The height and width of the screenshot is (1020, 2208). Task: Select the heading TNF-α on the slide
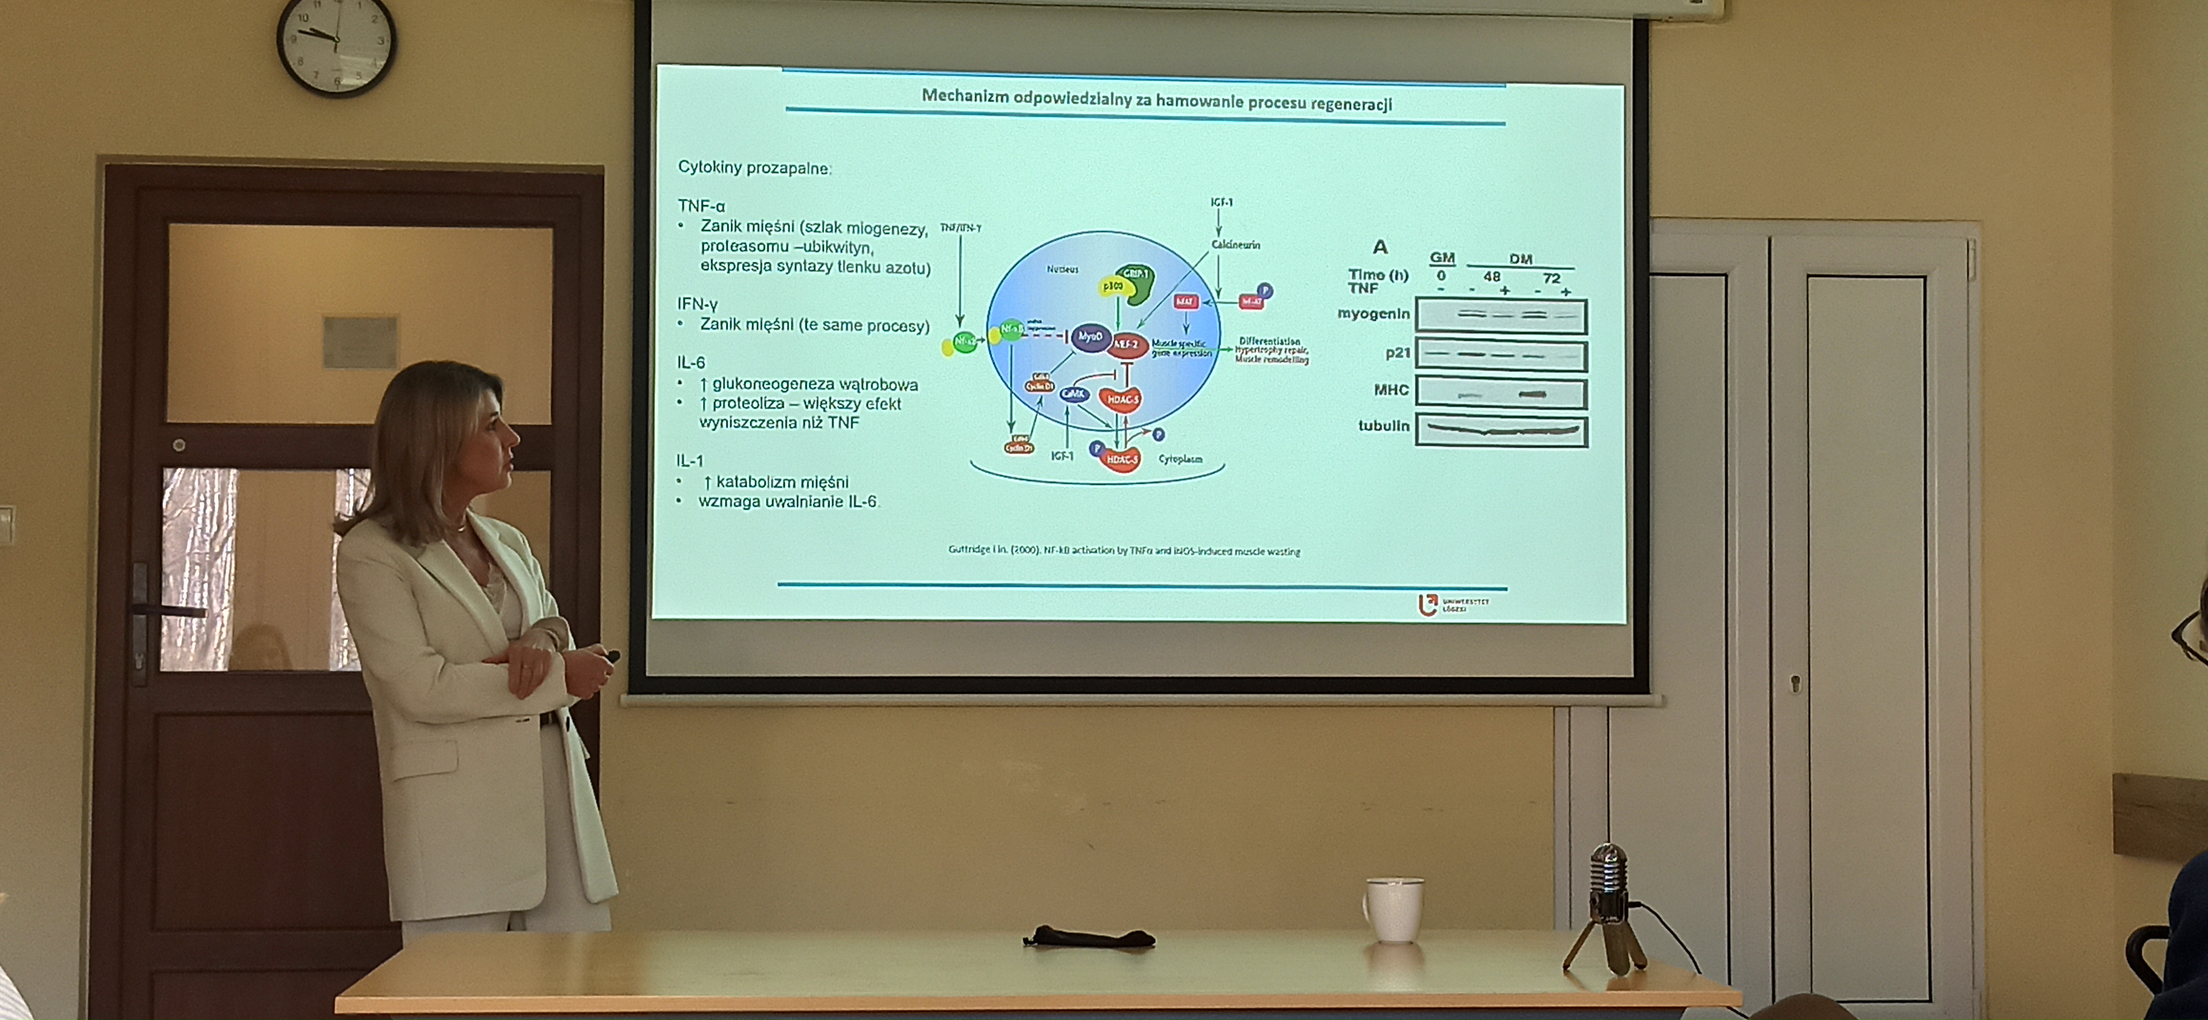701,206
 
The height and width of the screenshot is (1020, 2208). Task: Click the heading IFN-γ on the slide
697,303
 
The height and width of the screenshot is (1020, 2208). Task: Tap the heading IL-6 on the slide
691,362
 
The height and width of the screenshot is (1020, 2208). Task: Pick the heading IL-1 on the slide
689,460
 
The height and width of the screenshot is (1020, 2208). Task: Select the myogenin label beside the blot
1373,314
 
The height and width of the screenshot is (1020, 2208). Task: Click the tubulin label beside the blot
1383,425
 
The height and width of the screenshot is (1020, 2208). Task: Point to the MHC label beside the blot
1391,390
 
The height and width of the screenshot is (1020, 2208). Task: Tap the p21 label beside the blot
1397,352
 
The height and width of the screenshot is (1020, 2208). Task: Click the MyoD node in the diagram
1090,337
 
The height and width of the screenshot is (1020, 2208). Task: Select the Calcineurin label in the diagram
1235,245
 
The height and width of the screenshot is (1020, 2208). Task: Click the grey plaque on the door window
360,341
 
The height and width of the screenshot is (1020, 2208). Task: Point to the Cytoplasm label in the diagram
1180,459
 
